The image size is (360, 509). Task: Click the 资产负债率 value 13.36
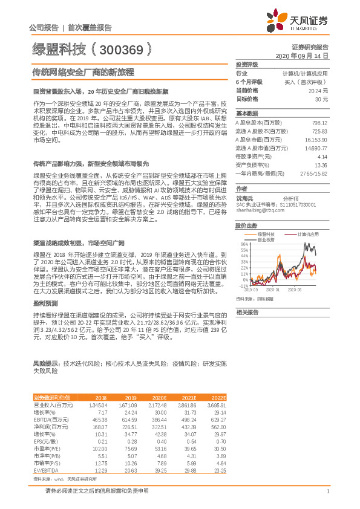click(321, 164)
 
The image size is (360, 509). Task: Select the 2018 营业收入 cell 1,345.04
click(97, 404)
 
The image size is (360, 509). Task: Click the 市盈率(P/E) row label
click(45, 449)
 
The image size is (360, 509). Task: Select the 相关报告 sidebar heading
click(246, 312)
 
